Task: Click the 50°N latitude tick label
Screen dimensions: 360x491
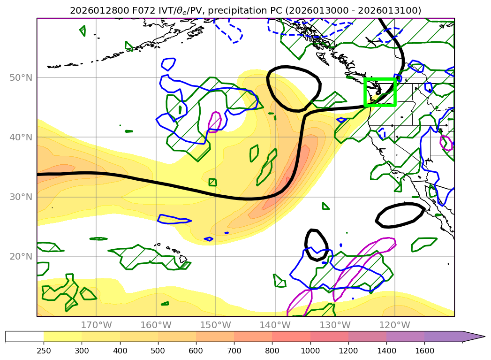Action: tap(22, 77)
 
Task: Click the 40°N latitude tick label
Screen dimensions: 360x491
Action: tap(22, 137)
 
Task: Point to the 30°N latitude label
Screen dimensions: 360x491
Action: tap(22, 197)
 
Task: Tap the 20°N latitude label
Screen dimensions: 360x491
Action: tap(22, 256)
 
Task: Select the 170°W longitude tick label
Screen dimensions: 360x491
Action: tap(96, 325)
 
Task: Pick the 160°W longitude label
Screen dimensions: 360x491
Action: tap(156, 325)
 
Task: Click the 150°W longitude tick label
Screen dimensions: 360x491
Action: tap(215, 325)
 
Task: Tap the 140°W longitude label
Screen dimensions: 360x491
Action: tap(275, 325)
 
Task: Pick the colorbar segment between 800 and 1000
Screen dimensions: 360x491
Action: tap(291, 337)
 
